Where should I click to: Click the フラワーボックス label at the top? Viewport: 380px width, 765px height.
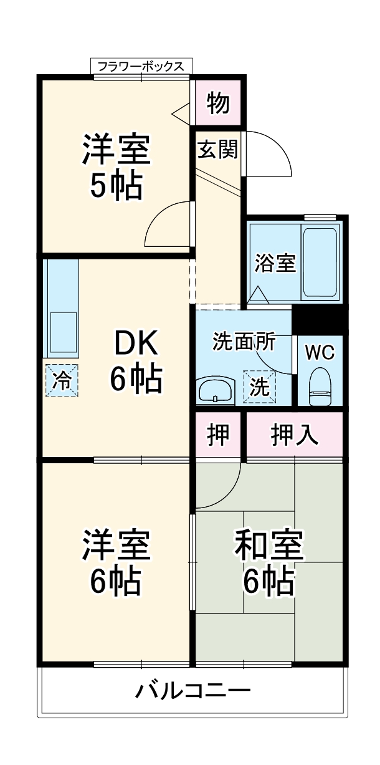point(141,66)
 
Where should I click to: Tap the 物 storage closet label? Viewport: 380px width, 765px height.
point(218,103)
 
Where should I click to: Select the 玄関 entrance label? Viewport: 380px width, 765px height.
point(217,150)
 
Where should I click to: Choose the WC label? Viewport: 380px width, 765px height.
point(320,352)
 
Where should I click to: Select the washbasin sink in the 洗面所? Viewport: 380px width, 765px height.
point(215,392)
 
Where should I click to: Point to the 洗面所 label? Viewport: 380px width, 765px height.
point(243,342)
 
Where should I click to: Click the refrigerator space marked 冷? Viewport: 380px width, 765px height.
point(61,380)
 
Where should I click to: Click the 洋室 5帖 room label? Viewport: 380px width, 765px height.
point(116,166)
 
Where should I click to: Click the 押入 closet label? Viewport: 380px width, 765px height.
point(295,435)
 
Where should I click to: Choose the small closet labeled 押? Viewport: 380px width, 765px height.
point(218,435)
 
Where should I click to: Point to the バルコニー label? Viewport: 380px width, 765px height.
point(193,691)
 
